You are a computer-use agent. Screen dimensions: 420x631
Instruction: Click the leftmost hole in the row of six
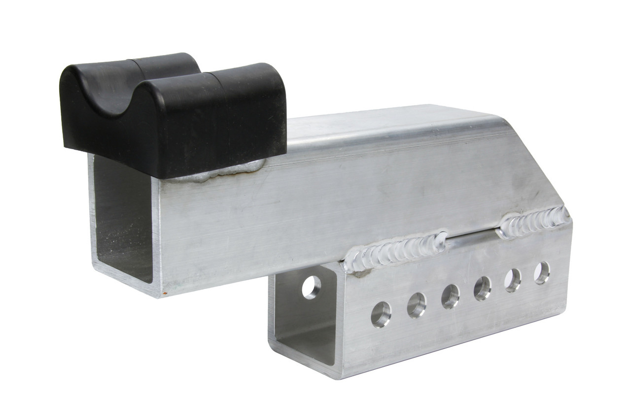(381, 314)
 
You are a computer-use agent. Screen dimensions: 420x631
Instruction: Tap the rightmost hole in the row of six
(541, 273)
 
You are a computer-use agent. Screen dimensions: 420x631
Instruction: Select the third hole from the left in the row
(450, 296)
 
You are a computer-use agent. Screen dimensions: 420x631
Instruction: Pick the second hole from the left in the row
(417, 305)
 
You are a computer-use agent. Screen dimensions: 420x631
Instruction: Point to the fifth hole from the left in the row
(513, 280)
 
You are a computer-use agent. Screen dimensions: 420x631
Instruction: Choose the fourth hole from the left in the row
(482, 288)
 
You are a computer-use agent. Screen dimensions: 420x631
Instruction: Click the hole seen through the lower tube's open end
(311, 287)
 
